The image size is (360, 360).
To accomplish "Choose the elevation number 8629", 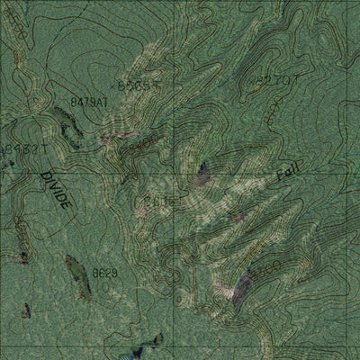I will coord(104,272).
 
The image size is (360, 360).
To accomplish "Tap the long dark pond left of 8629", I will coord(78,276).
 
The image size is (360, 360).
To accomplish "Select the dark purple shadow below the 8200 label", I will coord(241,292).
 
